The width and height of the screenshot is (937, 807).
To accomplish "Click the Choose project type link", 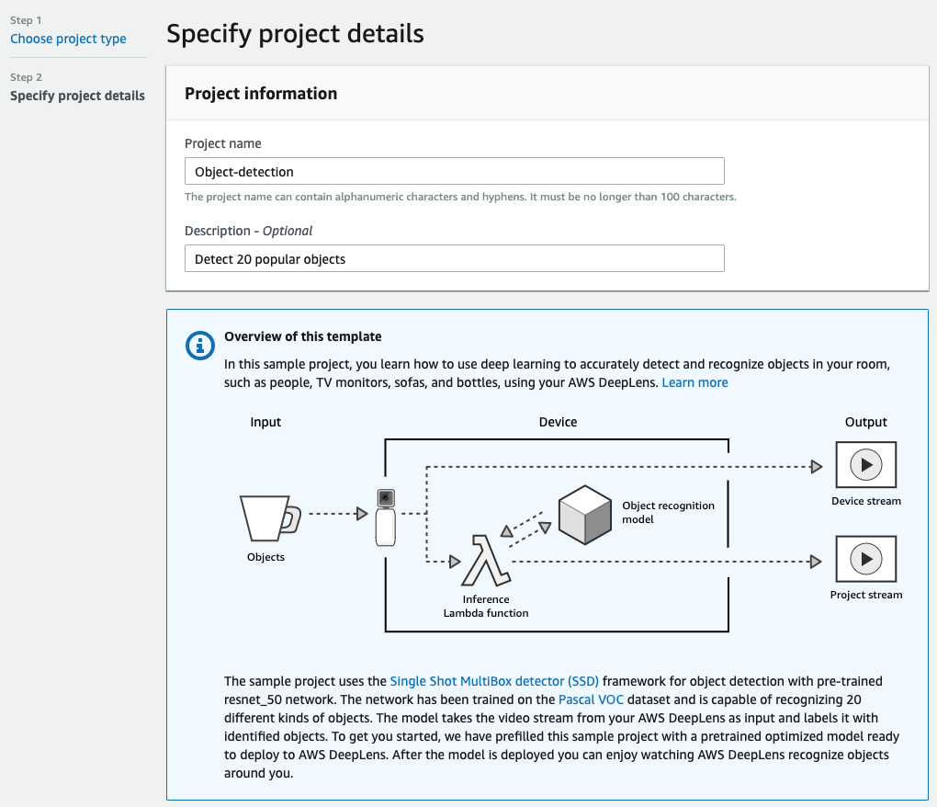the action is (x=68, y=39).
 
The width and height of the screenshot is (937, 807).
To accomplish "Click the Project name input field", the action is (x=454, y=172).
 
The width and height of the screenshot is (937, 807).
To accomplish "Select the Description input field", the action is (x=454, y=259).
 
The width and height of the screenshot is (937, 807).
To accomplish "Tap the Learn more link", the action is (x=695, y=382).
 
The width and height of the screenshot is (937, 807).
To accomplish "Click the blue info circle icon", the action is (x=200, y=346).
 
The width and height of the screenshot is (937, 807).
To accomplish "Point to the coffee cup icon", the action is (x=270, y=517).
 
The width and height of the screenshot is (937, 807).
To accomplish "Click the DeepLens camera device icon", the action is (x=386, y=517).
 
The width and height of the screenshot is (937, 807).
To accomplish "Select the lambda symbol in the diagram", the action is (x=486, y=561).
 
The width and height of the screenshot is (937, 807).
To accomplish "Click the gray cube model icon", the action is (x=585, y=515).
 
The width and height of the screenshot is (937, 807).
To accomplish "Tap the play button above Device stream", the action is (x=866, y=465).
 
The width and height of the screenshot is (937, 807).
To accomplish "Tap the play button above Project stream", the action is (x=866, y=559).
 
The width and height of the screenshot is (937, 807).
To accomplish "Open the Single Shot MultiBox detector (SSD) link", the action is (x=494, y=681).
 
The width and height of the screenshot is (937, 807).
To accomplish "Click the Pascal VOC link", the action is (x=591, y=700).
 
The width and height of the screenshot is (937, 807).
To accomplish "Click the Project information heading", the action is (x=261, y=94).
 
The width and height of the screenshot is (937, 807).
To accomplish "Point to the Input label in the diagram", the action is (x=265, y=422).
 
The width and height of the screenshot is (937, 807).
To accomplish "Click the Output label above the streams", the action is (x=866, y=422).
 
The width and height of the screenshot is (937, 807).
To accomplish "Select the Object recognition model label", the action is (x=668, y=512).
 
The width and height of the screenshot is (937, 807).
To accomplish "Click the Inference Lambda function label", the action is (x=486, y=606).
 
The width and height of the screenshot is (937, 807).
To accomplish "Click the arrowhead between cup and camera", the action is (x=362, y=514).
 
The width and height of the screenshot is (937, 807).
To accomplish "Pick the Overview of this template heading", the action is (x=303, y=336).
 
